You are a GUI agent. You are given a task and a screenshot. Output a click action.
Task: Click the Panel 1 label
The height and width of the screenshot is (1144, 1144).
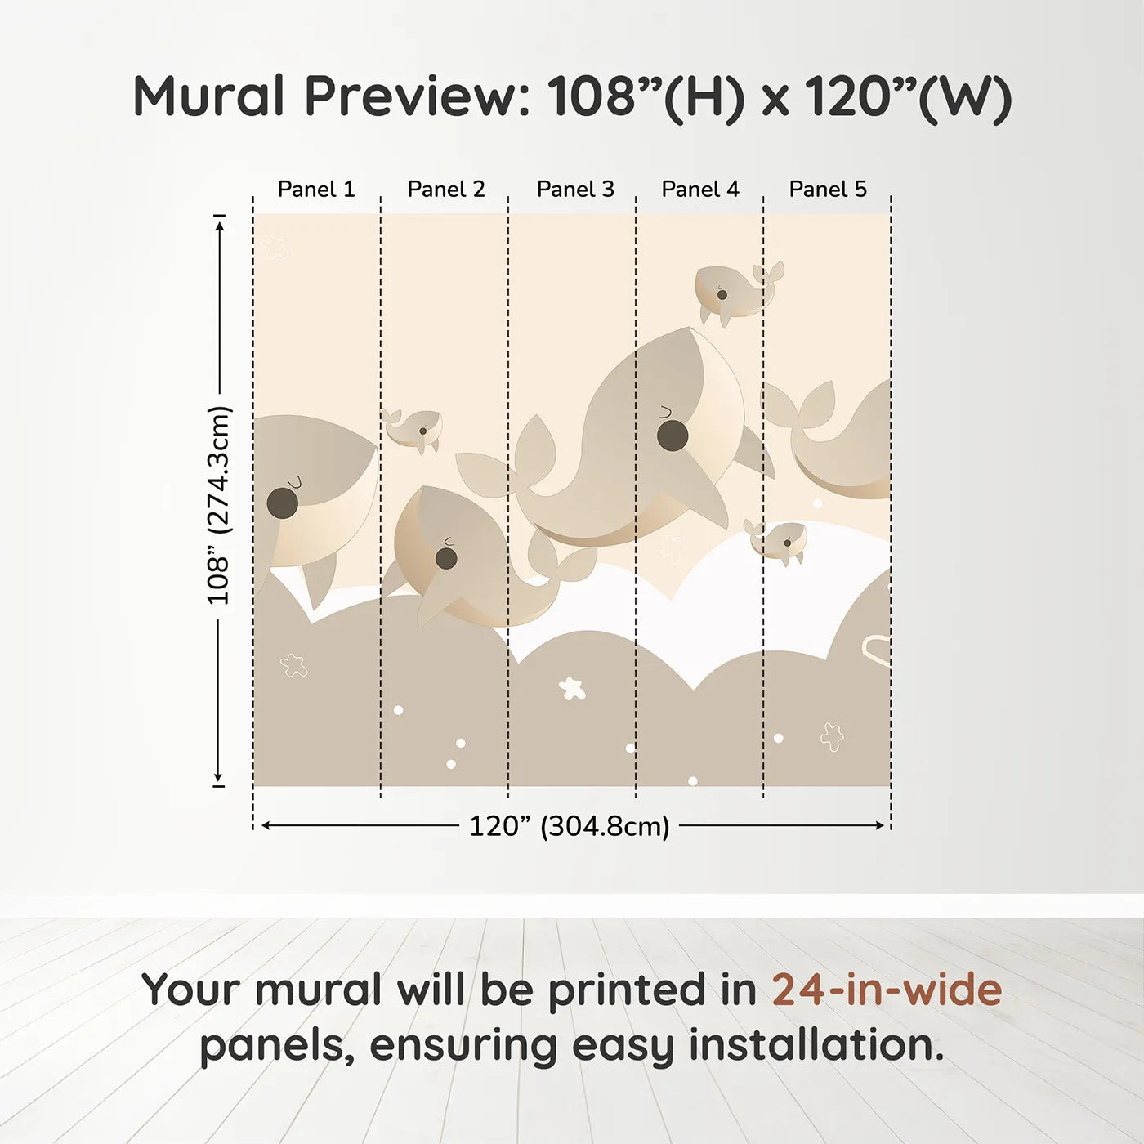click(x=316, y=190)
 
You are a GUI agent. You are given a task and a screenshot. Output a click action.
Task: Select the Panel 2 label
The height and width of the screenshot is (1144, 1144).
click(x=446, y=190)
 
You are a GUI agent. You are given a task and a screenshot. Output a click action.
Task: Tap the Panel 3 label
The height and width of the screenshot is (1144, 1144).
click(x=575, y=190)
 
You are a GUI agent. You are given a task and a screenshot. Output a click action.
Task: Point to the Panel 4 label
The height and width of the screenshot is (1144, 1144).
click(x=700, y=190)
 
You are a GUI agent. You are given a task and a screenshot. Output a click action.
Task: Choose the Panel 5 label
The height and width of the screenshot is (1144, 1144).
click(x=828, y=190)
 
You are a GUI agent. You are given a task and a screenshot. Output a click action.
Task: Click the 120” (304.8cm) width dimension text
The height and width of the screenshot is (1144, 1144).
click(x=570, y=826)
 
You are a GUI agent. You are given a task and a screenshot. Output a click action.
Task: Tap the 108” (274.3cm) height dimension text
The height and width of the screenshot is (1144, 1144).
click(x=218, y=505)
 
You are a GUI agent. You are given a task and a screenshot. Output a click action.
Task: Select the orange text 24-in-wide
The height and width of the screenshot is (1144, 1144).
click(x=887, y=990)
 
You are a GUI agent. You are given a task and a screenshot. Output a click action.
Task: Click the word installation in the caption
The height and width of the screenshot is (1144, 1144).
click(x=816, y=1045)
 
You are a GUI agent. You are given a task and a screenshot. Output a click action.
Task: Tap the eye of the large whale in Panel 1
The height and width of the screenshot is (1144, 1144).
click(x=282, y=503)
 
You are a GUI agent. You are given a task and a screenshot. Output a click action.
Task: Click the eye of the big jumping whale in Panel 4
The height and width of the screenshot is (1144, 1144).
click(x=673, y=436)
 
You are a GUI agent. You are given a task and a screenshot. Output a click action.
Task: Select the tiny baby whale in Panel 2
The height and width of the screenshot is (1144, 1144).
click(x=413, y=430)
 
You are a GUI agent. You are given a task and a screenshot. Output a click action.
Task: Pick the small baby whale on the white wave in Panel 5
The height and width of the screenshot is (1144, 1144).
click(x=776, y=542)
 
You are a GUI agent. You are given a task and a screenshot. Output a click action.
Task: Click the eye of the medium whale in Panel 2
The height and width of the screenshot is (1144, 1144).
click(x=446, y=558)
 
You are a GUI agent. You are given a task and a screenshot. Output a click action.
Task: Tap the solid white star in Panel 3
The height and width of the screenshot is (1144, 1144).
click(x=572, y=689)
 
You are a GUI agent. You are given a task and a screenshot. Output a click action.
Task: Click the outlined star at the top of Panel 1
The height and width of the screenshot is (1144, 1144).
click(x=275, y=248)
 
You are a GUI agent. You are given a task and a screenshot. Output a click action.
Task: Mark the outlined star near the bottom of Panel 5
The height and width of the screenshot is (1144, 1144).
click(x=832, y=737)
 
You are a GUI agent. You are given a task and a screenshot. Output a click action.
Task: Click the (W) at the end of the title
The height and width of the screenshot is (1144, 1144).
click(x=965, y=98)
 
